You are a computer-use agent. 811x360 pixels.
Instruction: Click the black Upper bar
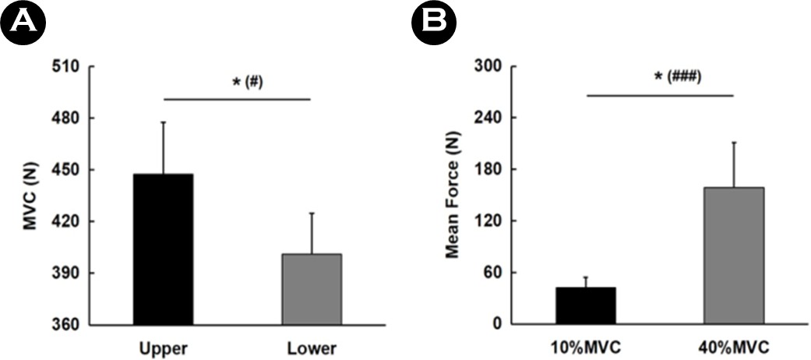pyautogui.click(x=164, y=249)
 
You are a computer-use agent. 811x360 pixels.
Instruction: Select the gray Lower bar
pyautogui.click(x=312, y=288)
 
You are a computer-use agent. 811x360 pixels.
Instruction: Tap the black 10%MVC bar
pyautogui.click(x=586, y=305)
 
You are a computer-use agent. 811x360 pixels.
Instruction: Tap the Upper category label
pyautogui.click(x=164, y=348)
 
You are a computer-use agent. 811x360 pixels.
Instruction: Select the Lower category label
pyautogui.click(x=312, y=348)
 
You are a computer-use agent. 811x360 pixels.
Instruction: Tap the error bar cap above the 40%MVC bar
pyautogui.click(x=734, y=142)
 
